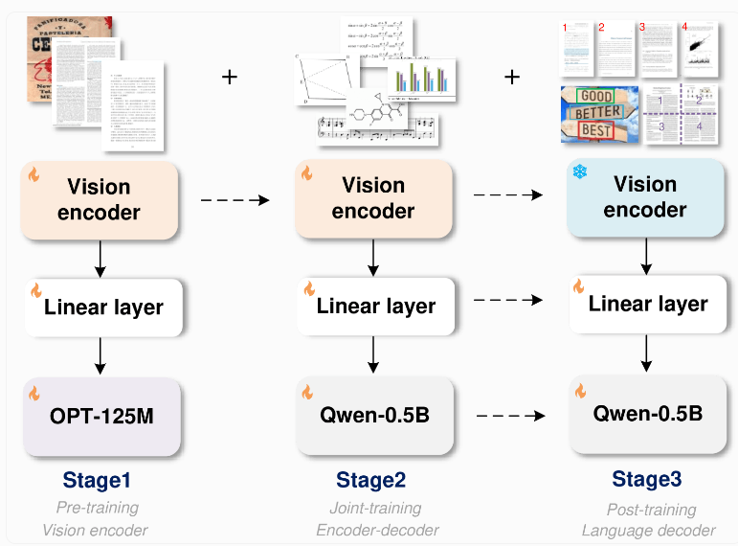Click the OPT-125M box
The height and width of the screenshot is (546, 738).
[101, 417]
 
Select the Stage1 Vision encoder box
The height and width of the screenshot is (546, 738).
[100, 199]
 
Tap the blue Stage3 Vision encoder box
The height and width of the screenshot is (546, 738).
[645, 197]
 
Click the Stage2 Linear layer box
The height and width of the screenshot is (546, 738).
[374, 307]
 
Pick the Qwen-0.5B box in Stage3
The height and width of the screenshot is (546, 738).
[647, 415]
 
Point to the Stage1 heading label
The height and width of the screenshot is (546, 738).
[98, 479]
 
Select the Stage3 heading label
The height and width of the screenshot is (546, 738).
[647, 479]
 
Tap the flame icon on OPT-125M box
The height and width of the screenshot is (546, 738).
[35, 393]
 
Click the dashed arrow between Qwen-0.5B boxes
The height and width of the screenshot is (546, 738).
[510, 417]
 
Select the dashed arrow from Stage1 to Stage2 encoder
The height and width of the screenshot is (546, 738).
[235, 200]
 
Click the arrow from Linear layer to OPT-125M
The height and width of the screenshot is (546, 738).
[100, 355]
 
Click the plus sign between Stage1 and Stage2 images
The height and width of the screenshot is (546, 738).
[229, 76]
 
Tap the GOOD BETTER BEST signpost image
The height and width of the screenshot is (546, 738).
[598, 114]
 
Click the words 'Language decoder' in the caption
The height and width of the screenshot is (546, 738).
[648, 531]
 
